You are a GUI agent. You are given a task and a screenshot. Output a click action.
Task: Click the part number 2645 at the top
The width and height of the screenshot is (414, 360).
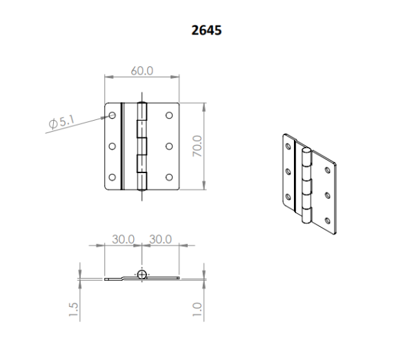click(206, 31)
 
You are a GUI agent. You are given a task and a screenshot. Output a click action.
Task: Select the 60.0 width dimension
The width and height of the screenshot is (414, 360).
click(142, 70)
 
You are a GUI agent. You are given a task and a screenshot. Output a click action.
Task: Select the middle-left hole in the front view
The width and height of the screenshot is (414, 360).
click(112, 146)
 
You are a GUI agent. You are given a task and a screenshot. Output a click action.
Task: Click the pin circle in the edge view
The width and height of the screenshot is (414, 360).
click(141, 274)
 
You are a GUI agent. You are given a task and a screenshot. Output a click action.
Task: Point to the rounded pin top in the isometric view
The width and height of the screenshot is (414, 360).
click(306, 150)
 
